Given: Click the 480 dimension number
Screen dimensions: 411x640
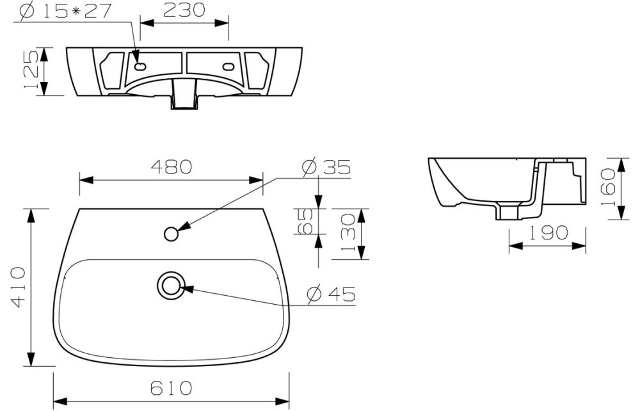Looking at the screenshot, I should click(171, 166).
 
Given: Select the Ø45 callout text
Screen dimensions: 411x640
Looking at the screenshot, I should click(330, 295).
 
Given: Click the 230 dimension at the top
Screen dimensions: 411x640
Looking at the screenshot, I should click(184, 10).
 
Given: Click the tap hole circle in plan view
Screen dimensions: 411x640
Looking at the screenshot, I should click(171, 234).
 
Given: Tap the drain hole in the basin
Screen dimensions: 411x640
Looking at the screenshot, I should click(171, 284).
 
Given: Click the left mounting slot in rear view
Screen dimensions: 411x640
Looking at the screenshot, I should click(141, 65).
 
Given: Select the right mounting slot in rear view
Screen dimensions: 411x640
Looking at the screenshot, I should click(227, 65).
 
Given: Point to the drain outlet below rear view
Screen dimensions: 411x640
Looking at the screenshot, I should click(183, 99).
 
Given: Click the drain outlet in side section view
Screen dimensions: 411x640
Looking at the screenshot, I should click(510, 211).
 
